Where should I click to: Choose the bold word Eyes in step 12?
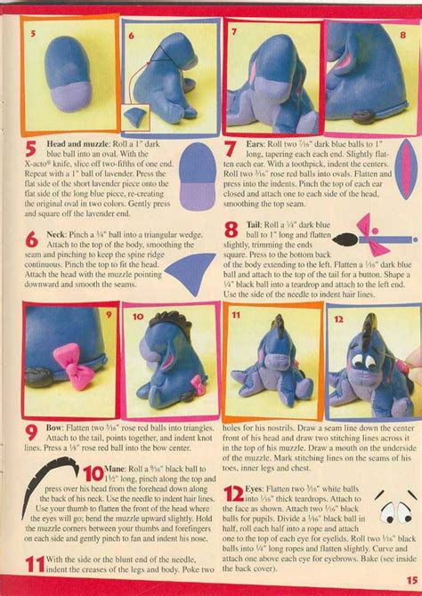[265, 464]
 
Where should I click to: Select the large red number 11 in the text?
[35, 561]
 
